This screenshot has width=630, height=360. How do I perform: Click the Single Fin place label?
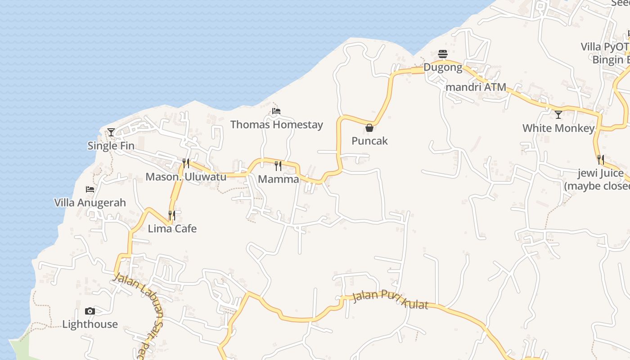click(111, 145)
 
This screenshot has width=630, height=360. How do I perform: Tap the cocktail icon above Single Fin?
click(111, 132)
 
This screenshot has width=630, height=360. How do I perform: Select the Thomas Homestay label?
click(276, 125)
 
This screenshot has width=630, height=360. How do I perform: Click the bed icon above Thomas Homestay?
click(276, 111)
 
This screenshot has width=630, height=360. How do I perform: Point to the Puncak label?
click(369, 141)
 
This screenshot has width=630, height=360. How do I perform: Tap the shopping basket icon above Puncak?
click(369, 128)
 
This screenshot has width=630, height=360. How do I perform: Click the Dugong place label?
click(443, 67)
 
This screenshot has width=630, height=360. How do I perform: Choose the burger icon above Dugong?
click(443, 54)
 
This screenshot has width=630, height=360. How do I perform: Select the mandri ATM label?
click(476, 87)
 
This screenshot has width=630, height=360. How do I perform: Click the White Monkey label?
click(558, 128)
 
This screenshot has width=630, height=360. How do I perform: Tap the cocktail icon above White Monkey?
click(558, 115)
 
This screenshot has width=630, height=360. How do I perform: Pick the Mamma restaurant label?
click(278, 179)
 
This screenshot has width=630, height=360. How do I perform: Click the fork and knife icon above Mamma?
click(278, 166)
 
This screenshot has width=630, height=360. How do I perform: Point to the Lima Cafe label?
click(172, 229)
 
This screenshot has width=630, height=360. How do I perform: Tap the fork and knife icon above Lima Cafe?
click(172, 216)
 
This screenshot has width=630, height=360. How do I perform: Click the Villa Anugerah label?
click(90, 202)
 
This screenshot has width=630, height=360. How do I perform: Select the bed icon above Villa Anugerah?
click(90, 189)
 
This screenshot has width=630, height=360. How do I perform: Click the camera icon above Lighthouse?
click(90, 311)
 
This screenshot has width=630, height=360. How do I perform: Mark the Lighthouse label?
click(90, 324)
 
